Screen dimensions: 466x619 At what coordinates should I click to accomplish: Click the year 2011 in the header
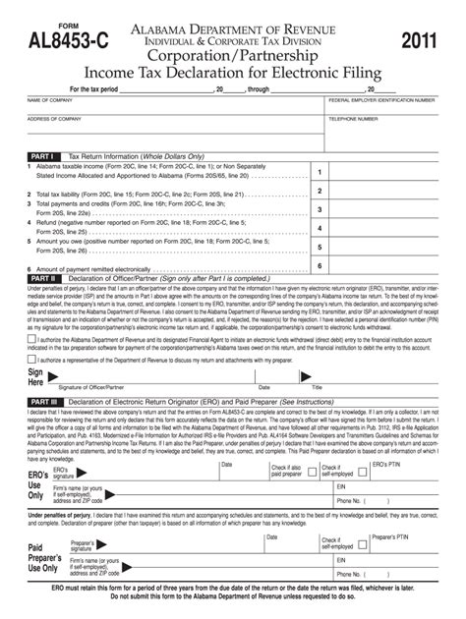pyautogui.click(x=422, y=40)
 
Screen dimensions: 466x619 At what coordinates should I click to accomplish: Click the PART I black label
pyautogui.click(x=42, y=156)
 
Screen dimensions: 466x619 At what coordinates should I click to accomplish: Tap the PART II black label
pyautogui.click(x=42, y=278)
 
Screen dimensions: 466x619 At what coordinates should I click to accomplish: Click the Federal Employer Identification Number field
pyautogui.click(x=381, y=108)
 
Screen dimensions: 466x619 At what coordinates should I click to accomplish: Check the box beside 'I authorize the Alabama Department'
pyautogui.click(x=31, y=338)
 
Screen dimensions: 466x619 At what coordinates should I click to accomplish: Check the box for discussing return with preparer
pyautogui.click(x=31, y=360)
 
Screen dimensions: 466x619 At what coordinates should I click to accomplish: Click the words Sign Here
pyautogui.click(x=36, y=379)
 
